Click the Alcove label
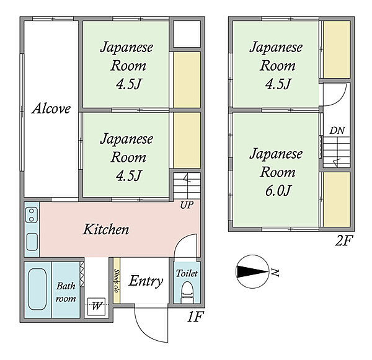51,108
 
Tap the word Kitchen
106,229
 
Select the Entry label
146,281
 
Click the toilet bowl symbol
187,292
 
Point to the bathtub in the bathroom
37,289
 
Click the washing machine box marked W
96,307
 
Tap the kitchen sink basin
32,242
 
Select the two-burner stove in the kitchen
32,215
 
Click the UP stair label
187,205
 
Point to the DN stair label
337,131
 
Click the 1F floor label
195,317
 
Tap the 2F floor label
344,240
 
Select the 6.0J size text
278,190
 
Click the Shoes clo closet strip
117,281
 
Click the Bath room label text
66,292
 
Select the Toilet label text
187,273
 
